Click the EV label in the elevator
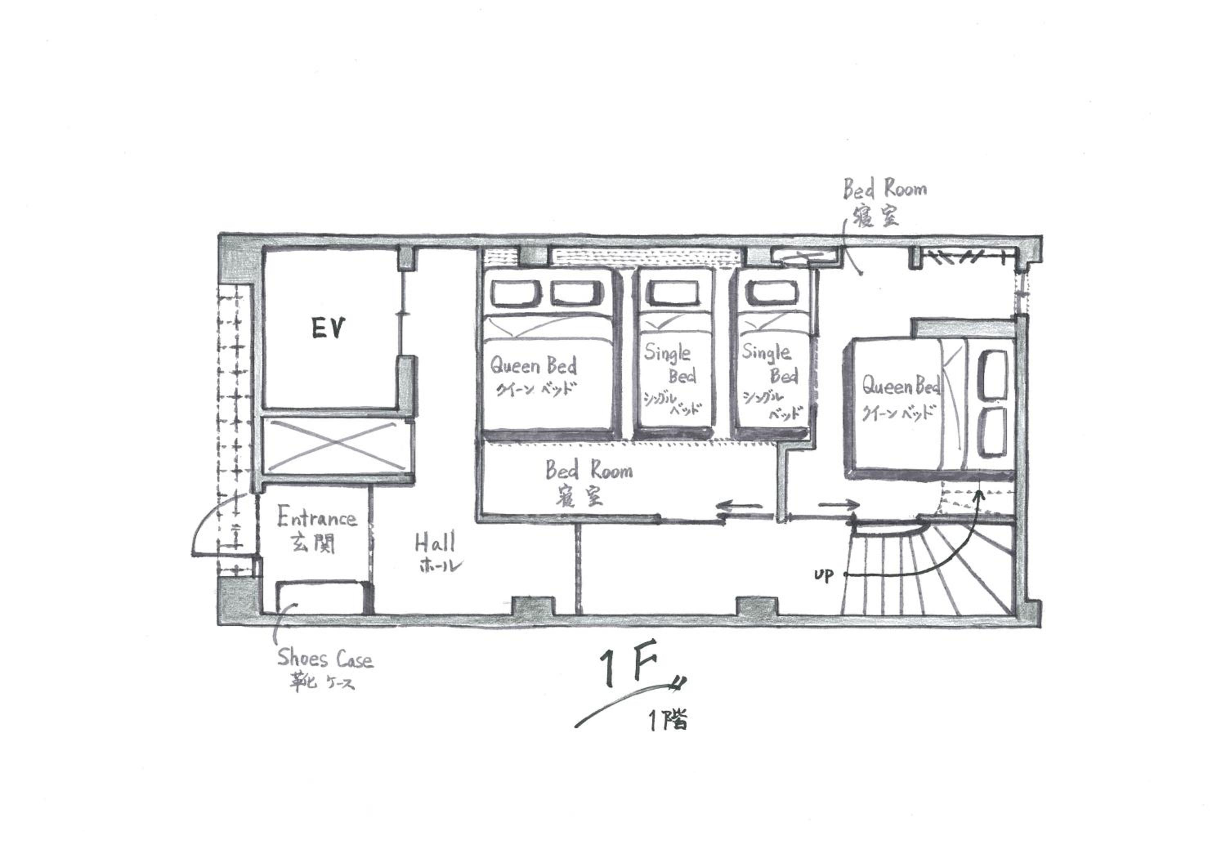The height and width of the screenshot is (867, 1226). click(x=329, y=328)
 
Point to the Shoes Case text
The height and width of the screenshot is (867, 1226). click(x=324, y=658)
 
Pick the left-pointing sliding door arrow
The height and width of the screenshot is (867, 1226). click(x=740, y=506)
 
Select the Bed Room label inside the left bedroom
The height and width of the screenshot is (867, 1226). click(x=588, y=470)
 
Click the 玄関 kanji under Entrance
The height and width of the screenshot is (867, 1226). click(x=313, y=543)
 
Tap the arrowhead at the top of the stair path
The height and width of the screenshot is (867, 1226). click(x=978, y=494)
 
